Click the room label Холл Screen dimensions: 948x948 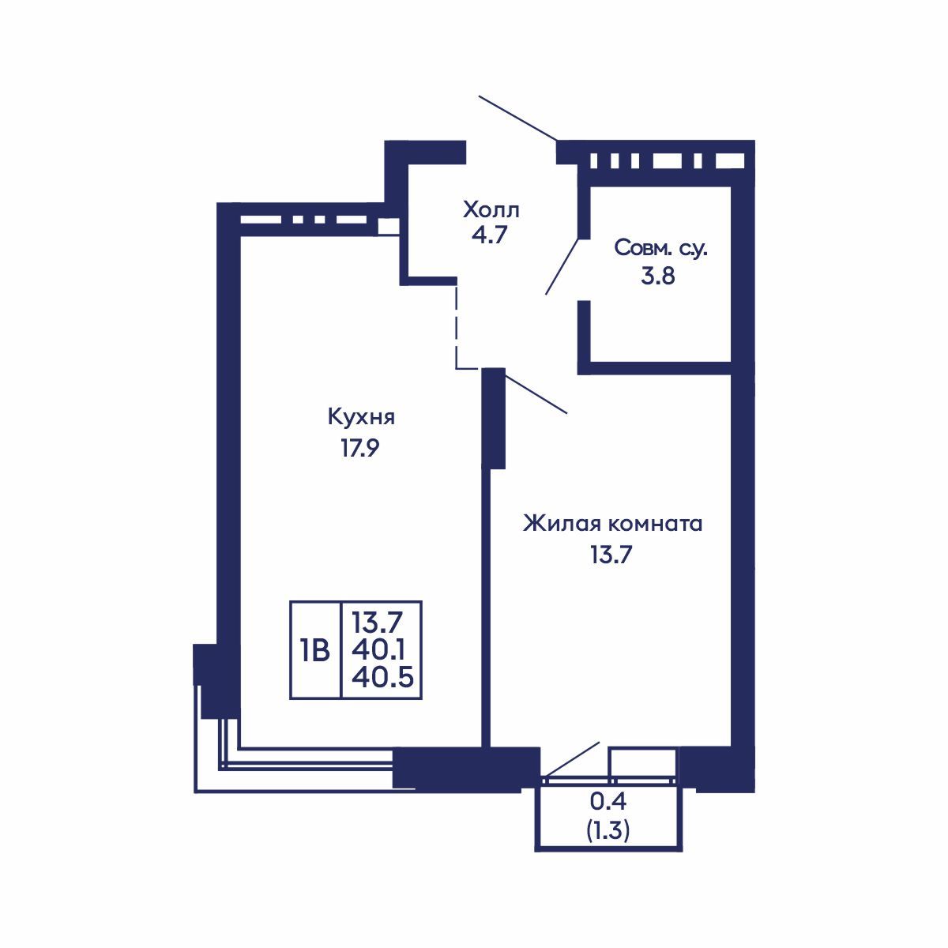tap(491, 210)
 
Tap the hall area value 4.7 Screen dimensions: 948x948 tap(489, 235)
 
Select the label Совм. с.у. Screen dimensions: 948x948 tap(660, 248)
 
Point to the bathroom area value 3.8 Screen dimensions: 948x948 tap(657, 276)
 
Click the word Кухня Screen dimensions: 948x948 tap(361, 418)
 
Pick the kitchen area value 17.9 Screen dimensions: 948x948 tap(360, 448)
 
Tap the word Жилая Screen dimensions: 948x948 tap(562, 524)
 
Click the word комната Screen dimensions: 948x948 tap(656, 525)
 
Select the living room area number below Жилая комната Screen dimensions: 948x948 tap(611, 555)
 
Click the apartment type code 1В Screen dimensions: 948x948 tap(315, 651)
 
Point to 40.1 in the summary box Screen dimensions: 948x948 tap(378, 650)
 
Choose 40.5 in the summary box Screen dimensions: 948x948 tap(382, 678)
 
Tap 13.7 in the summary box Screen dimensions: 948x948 tap(377, 623)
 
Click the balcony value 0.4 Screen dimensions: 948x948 tap(608, 801)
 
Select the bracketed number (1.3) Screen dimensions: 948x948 tap(608, 831)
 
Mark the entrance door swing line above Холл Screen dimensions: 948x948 tap(518, 118)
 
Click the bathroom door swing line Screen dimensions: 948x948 tap(562, 267)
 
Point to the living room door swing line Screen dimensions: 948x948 tap(536, 394)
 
